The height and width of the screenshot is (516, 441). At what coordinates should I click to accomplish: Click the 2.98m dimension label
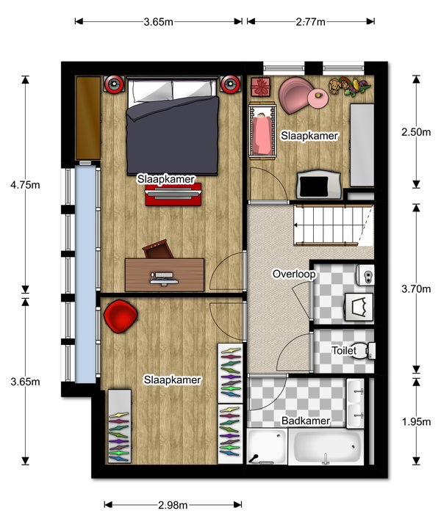(x=173, y=505)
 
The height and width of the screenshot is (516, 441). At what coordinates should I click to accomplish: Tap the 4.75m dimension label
(x=25, y=185)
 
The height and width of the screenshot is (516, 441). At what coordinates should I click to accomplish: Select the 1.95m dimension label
(x=416, y=422)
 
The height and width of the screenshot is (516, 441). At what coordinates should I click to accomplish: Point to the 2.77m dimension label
(x=310, y=22)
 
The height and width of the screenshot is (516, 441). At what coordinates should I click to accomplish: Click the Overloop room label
(x=294, y=274)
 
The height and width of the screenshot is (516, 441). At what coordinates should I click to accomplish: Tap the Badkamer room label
(x=306, y=421)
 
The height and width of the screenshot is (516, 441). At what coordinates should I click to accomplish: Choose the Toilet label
(x=344, y=350)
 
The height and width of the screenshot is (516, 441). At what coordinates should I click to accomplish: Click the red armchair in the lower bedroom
(x=121, y=316)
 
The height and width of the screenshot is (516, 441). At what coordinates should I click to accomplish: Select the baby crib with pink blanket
(x=262, y=131)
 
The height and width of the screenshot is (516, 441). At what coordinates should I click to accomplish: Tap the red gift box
(x=260, y=87)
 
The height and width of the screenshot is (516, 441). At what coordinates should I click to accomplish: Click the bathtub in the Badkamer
(x=326, y=446)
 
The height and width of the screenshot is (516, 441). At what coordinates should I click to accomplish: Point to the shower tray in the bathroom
(x=267, y=446)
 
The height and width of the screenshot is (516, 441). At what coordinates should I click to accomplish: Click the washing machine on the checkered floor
(x=359, y=307)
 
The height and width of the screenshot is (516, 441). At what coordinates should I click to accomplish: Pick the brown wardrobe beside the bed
(x=88, y=118)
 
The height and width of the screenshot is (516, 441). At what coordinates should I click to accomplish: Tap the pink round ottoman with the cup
(x=318, y=98)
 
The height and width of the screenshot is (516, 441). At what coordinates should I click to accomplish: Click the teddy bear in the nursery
(x=334, y=86)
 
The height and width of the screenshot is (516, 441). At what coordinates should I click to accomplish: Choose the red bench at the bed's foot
(x=173, y=195)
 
